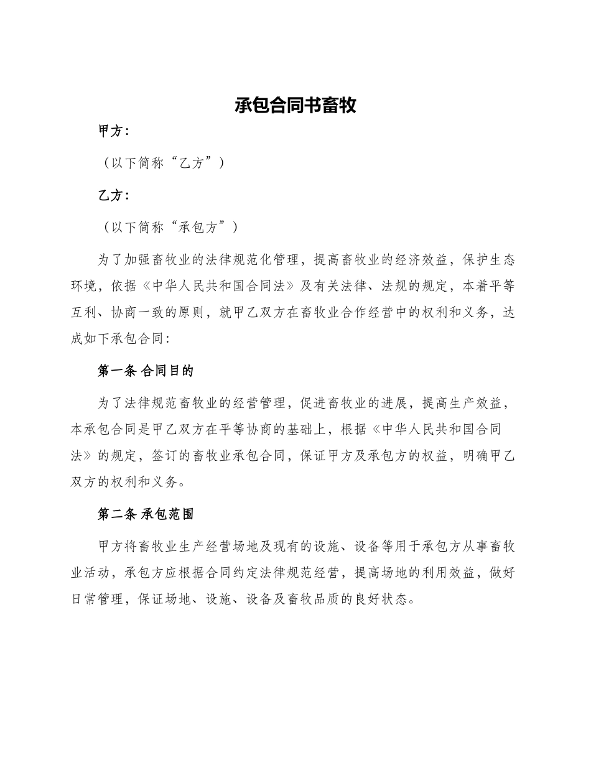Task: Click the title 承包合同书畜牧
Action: [295, 105]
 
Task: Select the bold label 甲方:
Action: [114, 131]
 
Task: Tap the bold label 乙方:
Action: [114, 195]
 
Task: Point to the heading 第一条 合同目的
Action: [146, 371]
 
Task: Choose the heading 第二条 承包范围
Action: [146, 514]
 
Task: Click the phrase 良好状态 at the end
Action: [383, 600]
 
